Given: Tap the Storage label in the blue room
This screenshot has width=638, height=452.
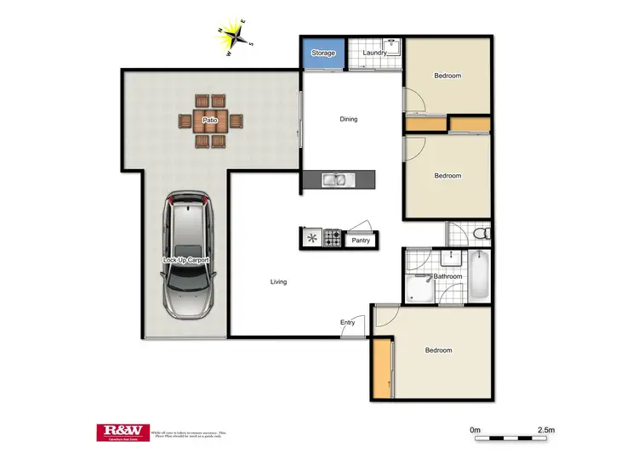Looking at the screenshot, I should tap(323, 53).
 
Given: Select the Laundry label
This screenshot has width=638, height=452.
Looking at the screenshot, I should tap(375, 53).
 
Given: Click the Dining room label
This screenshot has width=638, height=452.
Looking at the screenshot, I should tap(349, 119).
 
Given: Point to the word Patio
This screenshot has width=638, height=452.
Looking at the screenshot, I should tap(209, 121).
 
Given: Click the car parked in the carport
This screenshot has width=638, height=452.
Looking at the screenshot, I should tap(187, 254).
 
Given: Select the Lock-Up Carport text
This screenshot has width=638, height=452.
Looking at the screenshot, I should tap(185, 259).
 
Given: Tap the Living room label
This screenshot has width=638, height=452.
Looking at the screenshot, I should tap(278, 281).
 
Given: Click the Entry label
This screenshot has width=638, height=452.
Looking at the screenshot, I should tap(348, 322).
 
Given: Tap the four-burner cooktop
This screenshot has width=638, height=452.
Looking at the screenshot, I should tap(332, 239).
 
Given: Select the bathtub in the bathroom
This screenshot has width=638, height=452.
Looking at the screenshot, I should tap(479, 274).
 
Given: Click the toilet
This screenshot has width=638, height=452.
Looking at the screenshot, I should tap(480, 232).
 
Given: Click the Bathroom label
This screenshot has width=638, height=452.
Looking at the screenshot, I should tap(447, 276).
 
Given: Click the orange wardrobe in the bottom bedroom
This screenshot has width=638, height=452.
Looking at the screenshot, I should tap(381, 367).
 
